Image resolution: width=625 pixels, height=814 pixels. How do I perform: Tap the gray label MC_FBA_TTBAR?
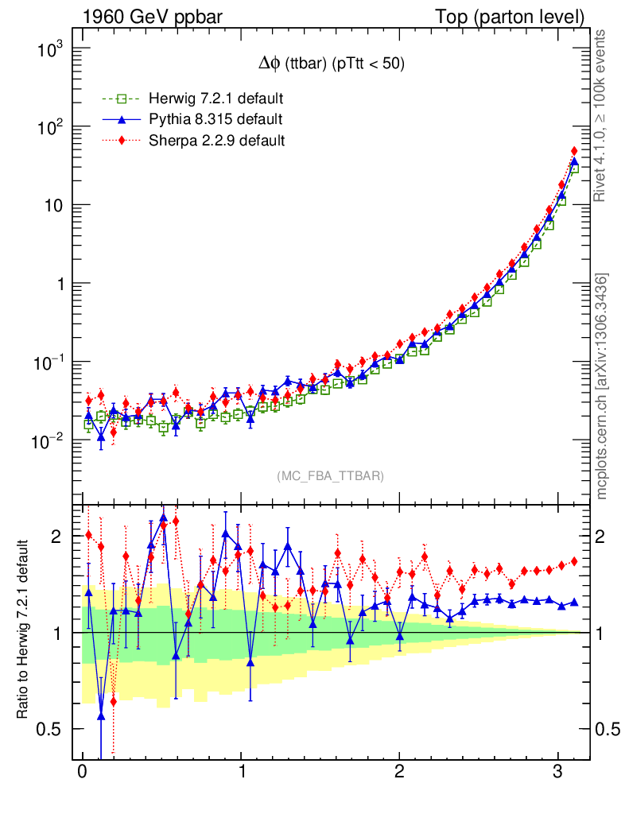(330, 476)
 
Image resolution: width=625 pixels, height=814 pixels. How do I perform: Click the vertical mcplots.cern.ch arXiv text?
(602, 387)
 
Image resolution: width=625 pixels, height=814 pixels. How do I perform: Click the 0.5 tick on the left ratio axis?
(52, 729)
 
